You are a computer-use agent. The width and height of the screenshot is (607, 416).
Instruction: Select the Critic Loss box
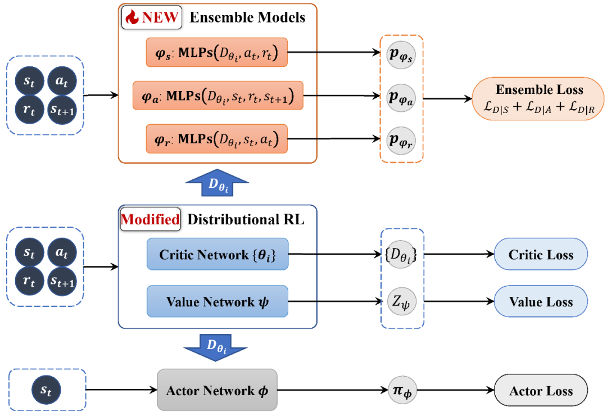(541, 255)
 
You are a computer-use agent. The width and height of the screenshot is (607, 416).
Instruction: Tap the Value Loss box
(541, 301)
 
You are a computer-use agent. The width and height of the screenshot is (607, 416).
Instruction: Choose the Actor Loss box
(541, 391)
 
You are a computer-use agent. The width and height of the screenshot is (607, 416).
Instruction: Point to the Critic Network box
(217, 255)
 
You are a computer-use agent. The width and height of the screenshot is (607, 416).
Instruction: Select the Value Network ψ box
(217, 301)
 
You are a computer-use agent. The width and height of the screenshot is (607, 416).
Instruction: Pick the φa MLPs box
(217, 95)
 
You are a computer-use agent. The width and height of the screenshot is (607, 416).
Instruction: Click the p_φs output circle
(401, 55)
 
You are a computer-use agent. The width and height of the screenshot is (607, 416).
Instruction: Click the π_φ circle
(401, 391)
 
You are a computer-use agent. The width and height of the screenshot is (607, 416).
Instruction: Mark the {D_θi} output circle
(401, 256)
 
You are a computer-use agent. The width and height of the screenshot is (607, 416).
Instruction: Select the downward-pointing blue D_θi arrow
(216, 346)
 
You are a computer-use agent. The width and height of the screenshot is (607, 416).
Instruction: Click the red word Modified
(150, 219)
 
